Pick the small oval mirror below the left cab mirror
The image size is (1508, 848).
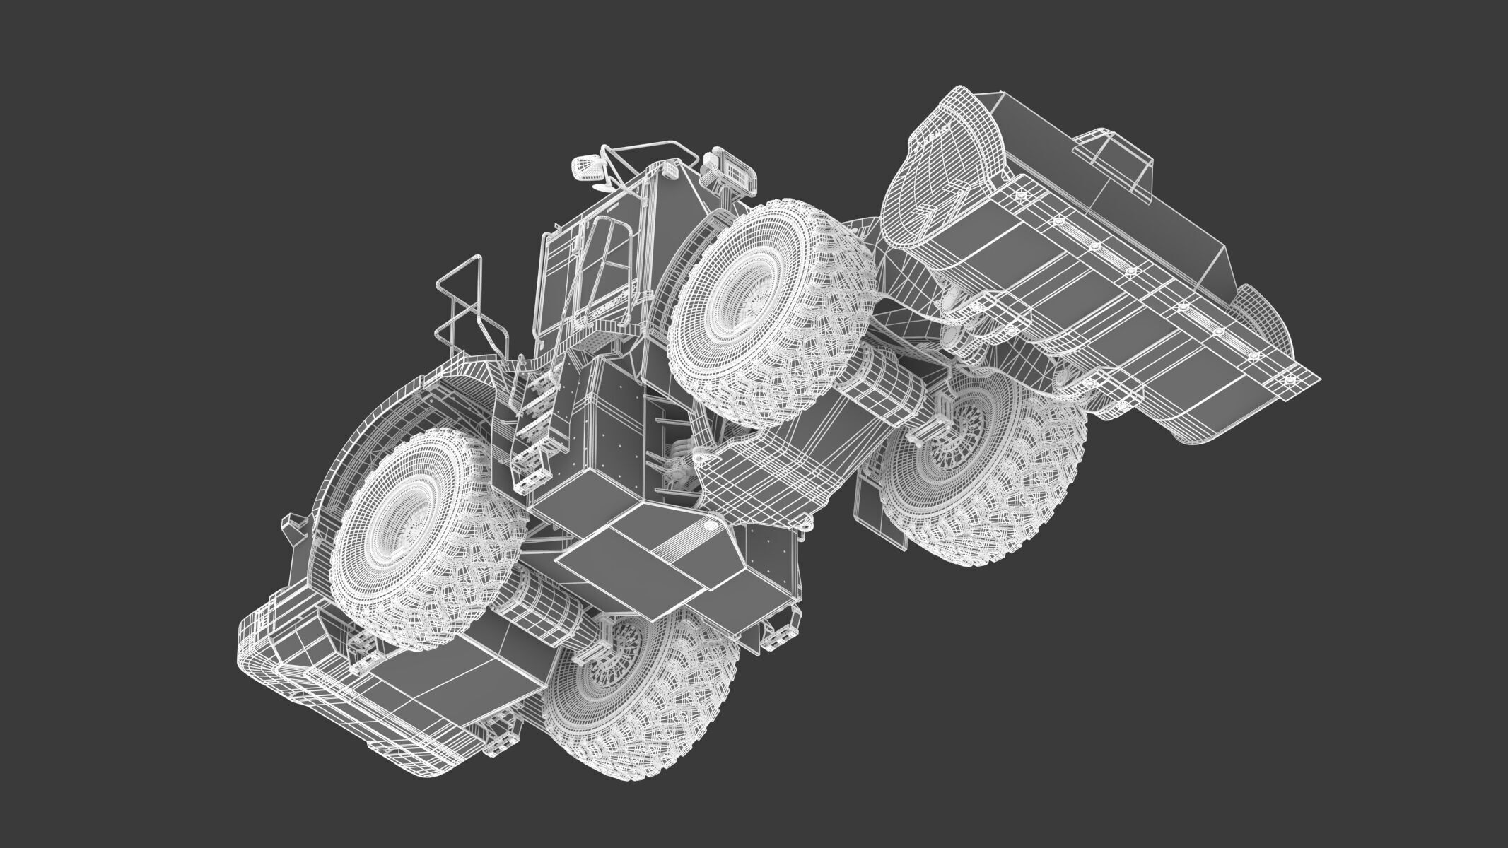point(600,187)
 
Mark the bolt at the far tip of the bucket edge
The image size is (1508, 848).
point(1289,379)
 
